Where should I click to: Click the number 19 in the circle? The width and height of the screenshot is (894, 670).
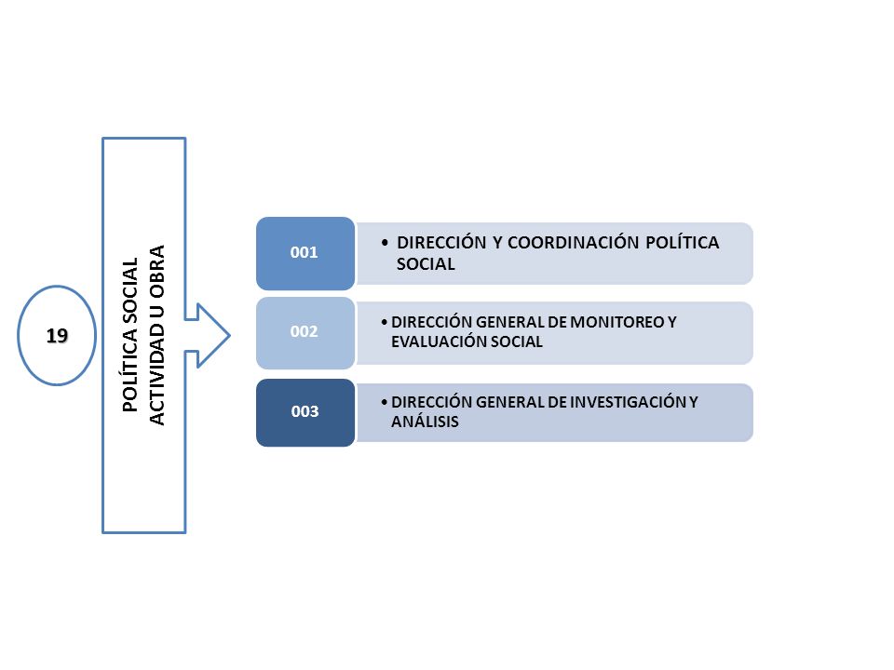(57, 336)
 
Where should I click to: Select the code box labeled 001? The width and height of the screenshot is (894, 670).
(305, 253)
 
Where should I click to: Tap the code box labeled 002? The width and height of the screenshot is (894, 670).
(305, 333)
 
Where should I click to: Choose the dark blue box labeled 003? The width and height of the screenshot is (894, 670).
(305, 412)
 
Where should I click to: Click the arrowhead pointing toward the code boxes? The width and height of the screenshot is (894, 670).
(213, 336)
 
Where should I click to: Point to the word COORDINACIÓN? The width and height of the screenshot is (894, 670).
(573, 242)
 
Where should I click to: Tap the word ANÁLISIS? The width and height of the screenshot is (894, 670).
(425, 421)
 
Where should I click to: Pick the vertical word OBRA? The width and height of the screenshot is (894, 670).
(156, 271)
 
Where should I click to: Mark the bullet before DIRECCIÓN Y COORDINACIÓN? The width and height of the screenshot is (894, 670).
(385, 243)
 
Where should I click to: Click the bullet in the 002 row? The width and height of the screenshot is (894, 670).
(385, 323)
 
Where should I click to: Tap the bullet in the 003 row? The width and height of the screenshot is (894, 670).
(385, 402)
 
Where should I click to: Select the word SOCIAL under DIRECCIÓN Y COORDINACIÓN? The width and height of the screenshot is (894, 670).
(426, 263)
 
